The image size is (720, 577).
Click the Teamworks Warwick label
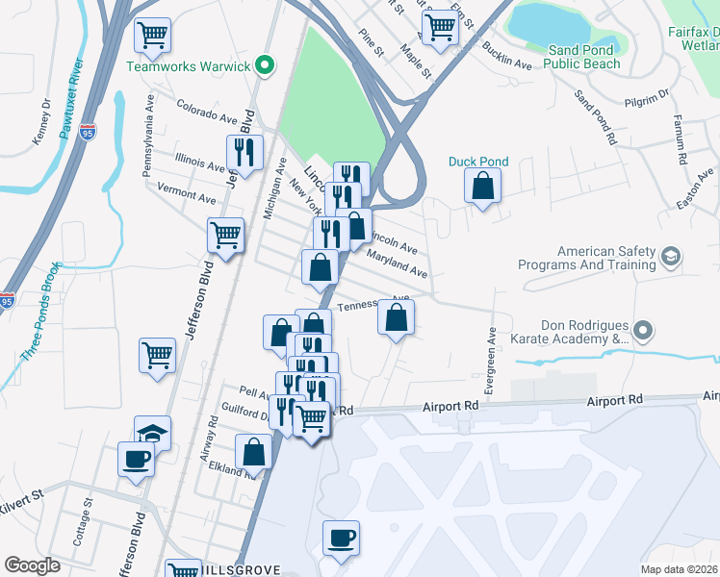coord(189,66)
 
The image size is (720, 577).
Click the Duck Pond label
coord(478,162)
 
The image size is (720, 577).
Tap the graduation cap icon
coord(152,432)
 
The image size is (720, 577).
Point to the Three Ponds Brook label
coord(39,317)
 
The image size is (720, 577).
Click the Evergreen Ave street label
coord(490,361)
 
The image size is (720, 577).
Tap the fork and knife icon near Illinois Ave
coord(244,151)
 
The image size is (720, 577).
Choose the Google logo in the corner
coord(32,565)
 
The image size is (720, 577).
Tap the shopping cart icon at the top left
coord(152,36)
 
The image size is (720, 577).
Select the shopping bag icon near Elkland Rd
coord(253,450)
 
